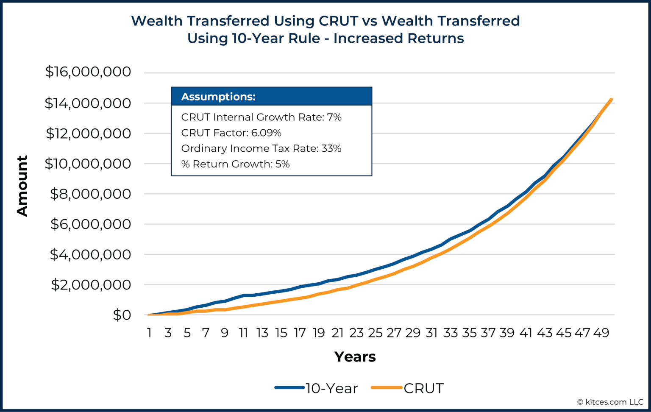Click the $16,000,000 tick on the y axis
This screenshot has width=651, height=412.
click(x=88, y=72)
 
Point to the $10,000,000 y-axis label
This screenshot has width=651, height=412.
click(x=88, y=164)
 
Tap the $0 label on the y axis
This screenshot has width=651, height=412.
click(x=122, y=315)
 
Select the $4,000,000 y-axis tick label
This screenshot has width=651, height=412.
click(x=90, y=254)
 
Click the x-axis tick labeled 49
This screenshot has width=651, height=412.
click(x=601, y=333)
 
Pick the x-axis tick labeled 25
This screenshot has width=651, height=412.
click(x=375, y=333)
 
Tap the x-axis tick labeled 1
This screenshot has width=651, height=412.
click(x=149, y=333)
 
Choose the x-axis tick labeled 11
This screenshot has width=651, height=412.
click(x=243, y=333)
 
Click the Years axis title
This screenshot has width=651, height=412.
click(x=355, y=357)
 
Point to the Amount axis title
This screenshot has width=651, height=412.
click(x=22, y=186)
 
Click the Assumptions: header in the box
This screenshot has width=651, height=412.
click(x=218, y=97)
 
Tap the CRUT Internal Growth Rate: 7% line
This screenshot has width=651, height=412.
click(x=261, y=117)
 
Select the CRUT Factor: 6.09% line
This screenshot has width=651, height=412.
click(x=231, y=133)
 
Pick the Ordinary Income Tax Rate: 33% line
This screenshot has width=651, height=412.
click(x=261, y=148)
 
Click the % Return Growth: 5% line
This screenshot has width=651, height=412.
click(x=235, y=164)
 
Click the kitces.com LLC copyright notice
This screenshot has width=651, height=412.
click(x=610, y=402)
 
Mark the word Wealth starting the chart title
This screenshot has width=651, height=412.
click(x=157, y=21)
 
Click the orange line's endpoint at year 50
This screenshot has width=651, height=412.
click(x=611, y=100)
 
